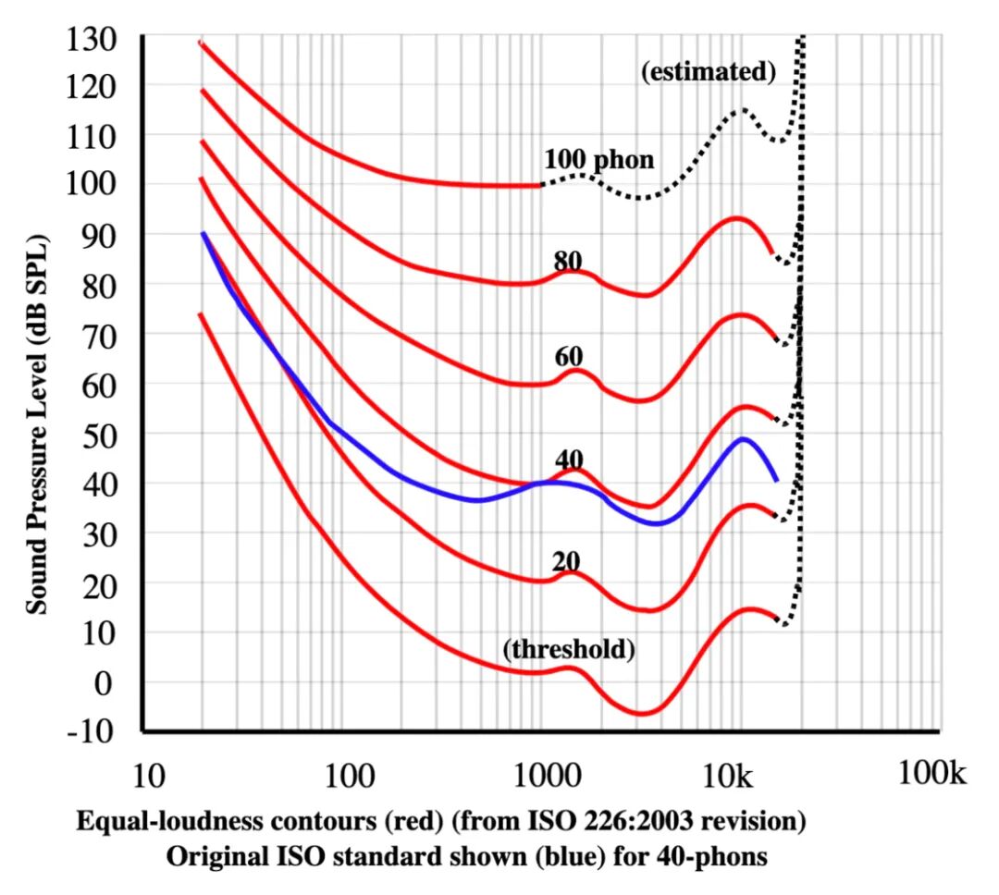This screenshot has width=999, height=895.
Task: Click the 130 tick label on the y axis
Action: click(x=91, y=40)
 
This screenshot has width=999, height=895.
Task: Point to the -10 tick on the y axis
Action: click(x=90, y=730)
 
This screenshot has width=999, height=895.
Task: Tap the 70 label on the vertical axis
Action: click(x=99, y=337)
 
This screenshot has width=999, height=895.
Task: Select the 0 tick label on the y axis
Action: click(x=104, y=683)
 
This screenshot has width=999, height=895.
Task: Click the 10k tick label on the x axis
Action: click(x=728, y=776)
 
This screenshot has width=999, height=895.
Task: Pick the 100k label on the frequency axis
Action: click(x=931, y=773)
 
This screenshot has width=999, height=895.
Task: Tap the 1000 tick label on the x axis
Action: click(x=548, y=776)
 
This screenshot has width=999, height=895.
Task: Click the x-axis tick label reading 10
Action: click(x=148, y=776)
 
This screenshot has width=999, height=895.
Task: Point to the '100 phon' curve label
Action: click(x=598, y=159)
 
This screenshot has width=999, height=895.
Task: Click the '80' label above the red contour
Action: click(x=568, y=261)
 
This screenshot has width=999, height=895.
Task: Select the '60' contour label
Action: click(x=569, y=357)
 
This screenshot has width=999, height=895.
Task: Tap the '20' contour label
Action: click(x=566, y=561)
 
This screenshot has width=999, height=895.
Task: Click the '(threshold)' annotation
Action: click(x=569, y=649)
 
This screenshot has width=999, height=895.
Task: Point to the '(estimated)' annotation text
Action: click(x=709, y=71)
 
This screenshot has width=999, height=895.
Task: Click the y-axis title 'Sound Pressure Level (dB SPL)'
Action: click(x=37, y=425)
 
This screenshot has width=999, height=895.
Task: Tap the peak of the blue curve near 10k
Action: click(x=742, y=438)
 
